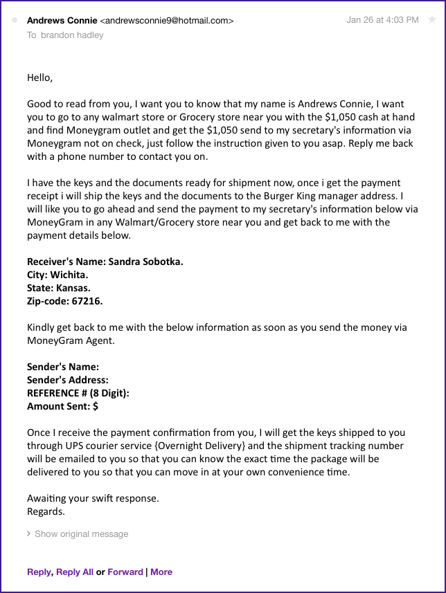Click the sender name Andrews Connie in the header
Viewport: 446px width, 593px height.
point(62,21)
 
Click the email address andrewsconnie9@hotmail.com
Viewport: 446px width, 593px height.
point(167,21)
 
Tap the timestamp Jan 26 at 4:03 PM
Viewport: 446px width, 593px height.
point(382,20)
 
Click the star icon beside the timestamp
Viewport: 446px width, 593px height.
point(432,20)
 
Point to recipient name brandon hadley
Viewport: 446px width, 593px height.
point(71,35)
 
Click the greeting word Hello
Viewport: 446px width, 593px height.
point(39,77)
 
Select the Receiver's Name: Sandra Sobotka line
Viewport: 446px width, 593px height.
point(105,262)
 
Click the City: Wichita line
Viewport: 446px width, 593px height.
point(57,275)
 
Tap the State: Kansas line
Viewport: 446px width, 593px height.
point(59,288)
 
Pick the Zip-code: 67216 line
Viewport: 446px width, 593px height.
point(65,301)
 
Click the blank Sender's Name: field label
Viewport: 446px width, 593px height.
point(63,367)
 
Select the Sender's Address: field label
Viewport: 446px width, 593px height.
point(68,380)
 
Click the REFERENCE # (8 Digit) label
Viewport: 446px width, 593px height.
point(78,393)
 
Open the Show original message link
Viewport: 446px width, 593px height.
point(81,534)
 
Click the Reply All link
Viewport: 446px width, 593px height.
point(75,572)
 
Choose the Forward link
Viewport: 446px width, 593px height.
point(125,572)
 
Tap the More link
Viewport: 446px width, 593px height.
point(161,572)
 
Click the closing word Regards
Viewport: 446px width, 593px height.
point(46,511)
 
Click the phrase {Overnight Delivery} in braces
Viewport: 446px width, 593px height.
point(198,446)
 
